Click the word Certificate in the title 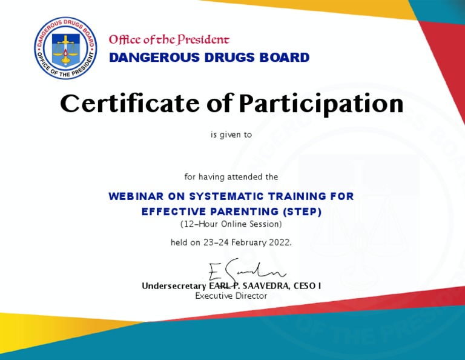128,104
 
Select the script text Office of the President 169,40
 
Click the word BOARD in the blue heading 286,58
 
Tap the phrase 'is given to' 231,135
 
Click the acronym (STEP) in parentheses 302,212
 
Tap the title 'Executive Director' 231,296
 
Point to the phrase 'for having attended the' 231,177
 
